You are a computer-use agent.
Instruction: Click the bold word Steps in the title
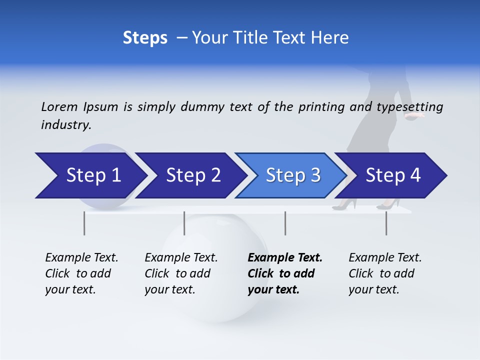point(145,38)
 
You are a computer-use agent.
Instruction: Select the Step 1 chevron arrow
point(92,175)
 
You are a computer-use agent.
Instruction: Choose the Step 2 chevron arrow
point(192,175)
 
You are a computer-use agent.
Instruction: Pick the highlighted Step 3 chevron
point(292,175)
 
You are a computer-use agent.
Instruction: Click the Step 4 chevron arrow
point(392,175)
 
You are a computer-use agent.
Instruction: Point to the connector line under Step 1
point(84,223)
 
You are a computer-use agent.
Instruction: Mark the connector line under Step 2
point(184,223)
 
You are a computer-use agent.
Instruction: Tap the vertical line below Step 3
point(285,223)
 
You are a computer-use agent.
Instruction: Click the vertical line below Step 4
point(386,223)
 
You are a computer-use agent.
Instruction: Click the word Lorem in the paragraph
point(59,107)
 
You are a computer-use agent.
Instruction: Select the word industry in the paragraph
point(65,125)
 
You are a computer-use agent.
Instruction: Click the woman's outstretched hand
point(416,115)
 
